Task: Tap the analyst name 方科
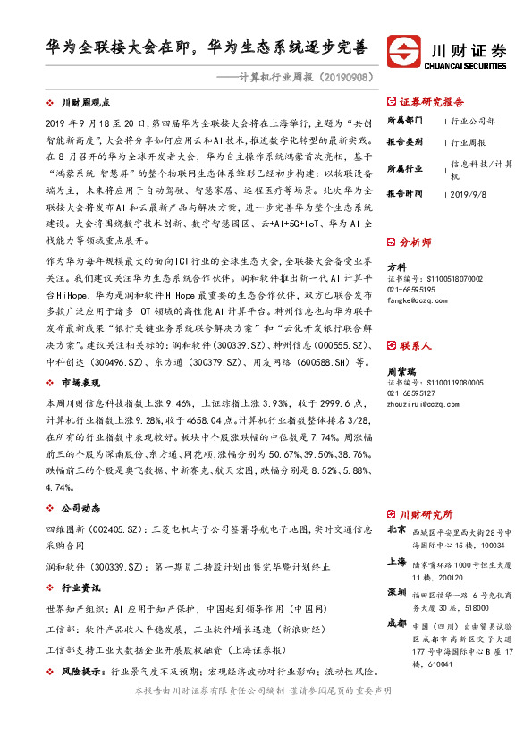click(396, 267)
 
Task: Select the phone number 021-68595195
click(412, 290)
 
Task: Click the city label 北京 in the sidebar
click(396, 529)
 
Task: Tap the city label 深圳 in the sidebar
click(396, 593)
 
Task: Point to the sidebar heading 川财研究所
click(426, 513)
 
